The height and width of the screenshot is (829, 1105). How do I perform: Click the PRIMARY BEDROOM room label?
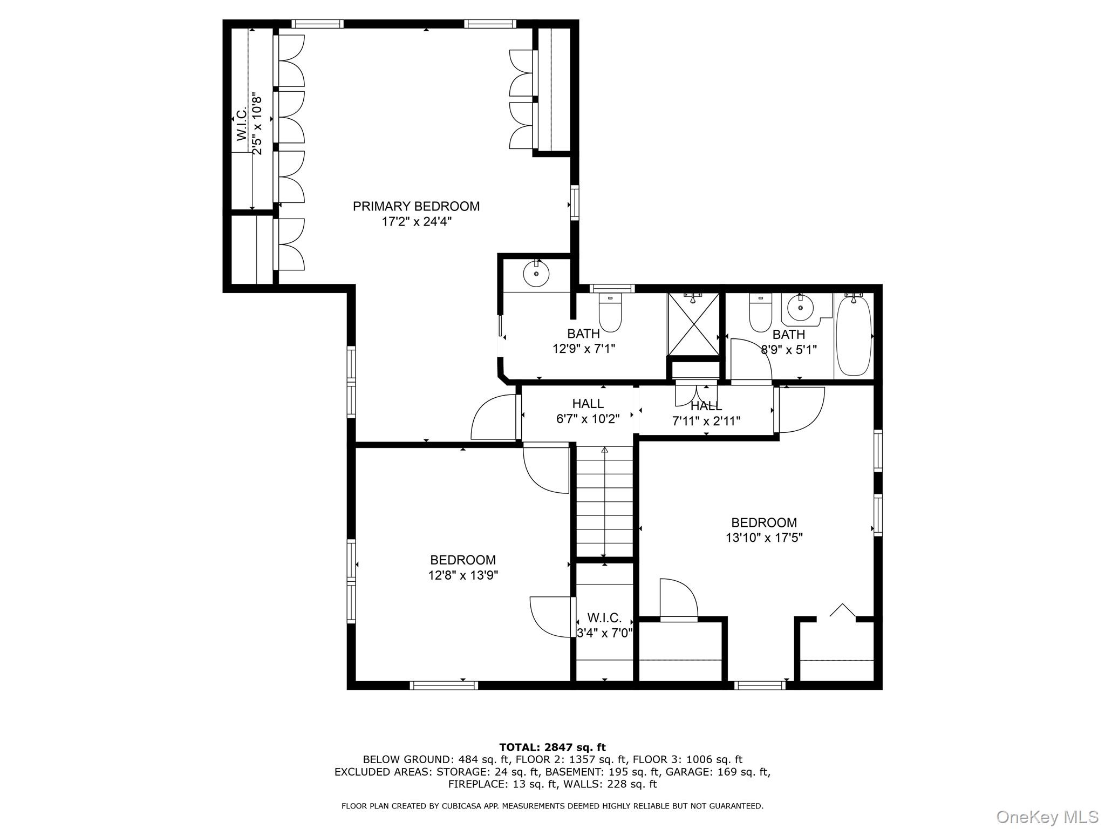[x=416, y=206]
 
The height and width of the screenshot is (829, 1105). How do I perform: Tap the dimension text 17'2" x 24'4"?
[x=416, y=222]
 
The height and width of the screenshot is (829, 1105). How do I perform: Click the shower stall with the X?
[x=694, y=324]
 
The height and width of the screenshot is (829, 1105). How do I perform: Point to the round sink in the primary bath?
[x=536, y=274]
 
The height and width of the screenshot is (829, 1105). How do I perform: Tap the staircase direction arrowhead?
[x=604, y=450]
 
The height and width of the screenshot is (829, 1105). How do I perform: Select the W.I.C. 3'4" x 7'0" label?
[x=604, y=625]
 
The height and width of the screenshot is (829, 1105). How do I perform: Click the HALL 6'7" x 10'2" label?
[x=588, y=411]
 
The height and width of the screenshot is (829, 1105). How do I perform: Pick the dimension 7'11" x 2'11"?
[x=706, y=421]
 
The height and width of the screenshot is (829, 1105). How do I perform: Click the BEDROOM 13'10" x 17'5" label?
[x=763, y=530]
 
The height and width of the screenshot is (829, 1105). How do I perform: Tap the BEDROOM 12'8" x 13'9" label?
[x=462, y=568]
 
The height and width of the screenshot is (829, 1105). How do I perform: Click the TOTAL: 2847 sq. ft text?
[x=552, y=748]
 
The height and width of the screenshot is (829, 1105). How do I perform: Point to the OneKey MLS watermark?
[x=1047, y=817]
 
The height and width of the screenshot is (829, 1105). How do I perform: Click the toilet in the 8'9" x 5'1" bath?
[x=760, y=314]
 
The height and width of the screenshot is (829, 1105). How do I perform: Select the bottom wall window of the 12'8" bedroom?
[x=444, y=685]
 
